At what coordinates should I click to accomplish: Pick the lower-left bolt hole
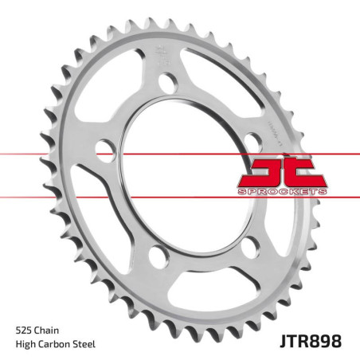(x=157, y=256)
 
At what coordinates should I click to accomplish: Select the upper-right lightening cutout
(x=231, y=88)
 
